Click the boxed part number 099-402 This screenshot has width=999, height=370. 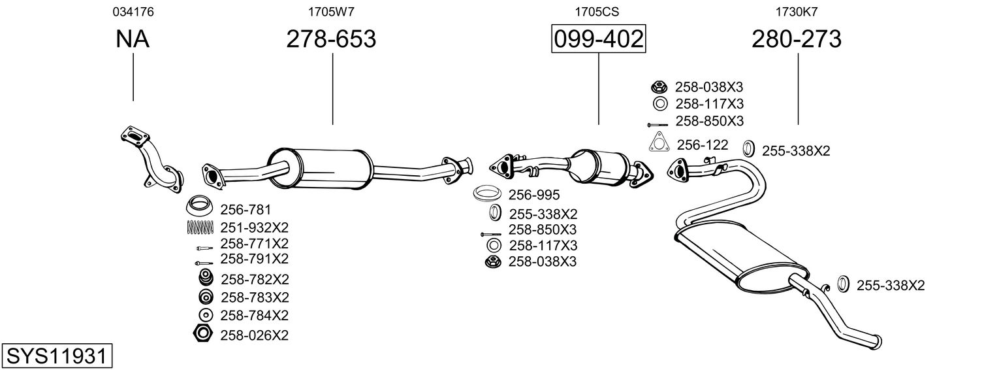tap(598, 40)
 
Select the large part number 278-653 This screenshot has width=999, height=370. tap(331, 40)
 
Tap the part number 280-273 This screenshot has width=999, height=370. tap(796, 40)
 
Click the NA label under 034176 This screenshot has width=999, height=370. tap(133, 40)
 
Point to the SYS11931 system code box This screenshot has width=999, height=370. tap(56, 356)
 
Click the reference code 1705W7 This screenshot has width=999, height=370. tap(331, 11)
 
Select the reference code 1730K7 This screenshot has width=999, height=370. tap(796, 11)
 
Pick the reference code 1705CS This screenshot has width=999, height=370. tap(597, 11)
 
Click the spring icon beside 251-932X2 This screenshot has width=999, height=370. tap(200, 227)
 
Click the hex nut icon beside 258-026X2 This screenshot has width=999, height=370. tap(202, 333)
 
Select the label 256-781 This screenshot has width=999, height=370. tap(246, 210)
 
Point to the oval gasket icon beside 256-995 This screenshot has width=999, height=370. tap(486, 194)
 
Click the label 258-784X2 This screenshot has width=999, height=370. tap(255, 315)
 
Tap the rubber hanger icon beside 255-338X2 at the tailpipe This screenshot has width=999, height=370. tap(842, 284)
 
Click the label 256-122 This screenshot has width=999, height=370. tap(702, 144)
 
